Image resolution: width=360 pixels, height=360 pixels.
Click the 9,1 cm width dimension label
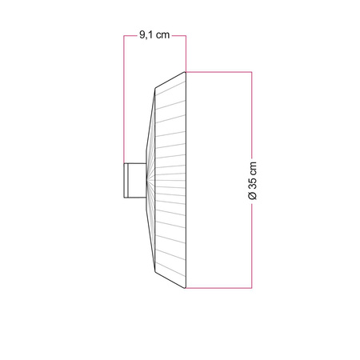154,35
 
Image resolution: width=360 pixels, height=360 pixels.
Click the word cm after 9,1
162,35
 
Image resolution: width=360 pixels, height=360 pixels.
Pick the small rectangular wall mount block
134,179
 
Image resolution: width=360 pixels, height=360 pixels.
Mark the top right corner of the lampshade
186,72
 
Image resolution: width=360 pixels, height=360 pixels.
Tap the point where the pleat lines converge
148,179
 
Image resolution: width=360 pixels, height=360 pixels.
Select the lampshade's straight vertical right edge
186,179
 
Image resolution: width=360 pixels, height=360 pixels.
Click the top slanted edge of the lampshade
170,80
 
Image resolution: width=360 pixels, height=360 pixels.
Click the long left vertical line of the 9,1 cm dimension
123,104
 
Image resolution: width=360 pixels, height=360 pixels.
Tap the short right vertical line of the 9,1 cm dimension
186,53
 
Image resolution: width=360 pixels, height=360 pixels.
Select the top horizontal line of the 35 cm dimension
220,72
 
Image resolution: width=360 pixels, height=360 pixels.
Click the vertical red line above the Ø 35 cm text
253,112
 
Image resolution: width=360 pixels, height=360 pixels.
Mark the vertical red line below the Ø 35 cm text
253,248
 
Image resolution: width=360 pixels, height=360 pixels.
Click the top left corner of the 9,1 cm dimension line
123,36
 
